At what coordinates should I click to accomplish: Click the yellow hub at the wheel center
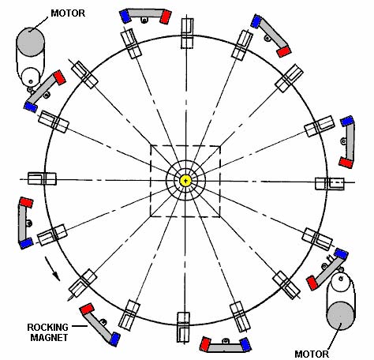[x=185, y=181]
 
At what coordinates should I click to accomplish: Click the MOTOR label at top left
[x=68, y=13]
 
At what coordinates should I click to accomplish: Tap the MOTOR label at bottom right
[x=312, y=354]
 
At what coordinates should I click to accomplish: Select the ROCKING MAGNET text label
[x=48, y=332]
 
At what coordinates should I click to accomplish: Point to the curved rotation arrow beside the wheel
[x=51, y=269]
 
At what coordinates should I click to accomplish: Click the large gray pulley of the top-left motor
[x=30, y=42]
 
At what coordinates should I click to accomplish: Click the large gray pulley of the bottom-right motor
[x=341, y=316]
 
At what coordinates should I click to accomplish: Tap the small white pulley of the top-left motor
[x=31, y=77]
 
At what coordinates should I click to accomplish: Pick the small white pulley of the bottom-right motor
[x=340, y=282]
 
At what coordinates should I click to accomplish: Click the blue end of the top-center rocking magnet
[x=125, y=17]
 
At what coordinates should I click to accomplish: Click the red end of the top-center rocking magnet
[x=166, y=17]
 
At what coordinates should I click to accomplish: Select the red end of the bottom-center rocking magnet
[x=205, y=344]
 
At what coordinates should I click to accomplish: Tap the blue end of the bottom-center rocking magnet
[x=245, y=344]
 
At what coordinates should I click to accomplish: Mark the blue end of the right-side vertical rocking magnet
[x=347, y=121]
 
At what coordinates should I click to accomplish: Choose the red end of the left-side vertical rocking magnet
[x=26, y=202]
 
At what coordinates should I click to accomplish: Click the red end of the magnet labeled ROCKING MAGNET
[x=87, y=309]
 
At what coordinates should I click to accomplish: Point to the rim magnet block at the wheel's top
[x=187, y=33]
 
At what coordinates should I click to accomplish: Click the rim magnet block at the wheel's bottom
[x=183, y=327]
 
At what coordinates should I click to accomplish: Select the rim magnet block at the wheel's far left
[x=42, y=178]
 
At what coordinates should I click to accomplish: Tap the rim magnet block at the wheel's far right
[x=330, y=184]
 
